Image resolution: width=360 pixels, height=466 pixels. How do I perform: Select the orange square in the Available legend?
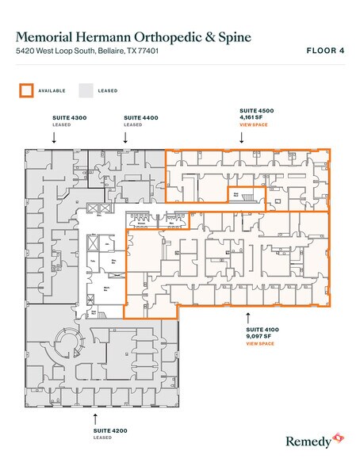(26, 90)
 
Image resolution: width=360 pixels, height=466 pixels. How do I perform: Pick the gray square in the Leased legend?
(85, 90)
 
